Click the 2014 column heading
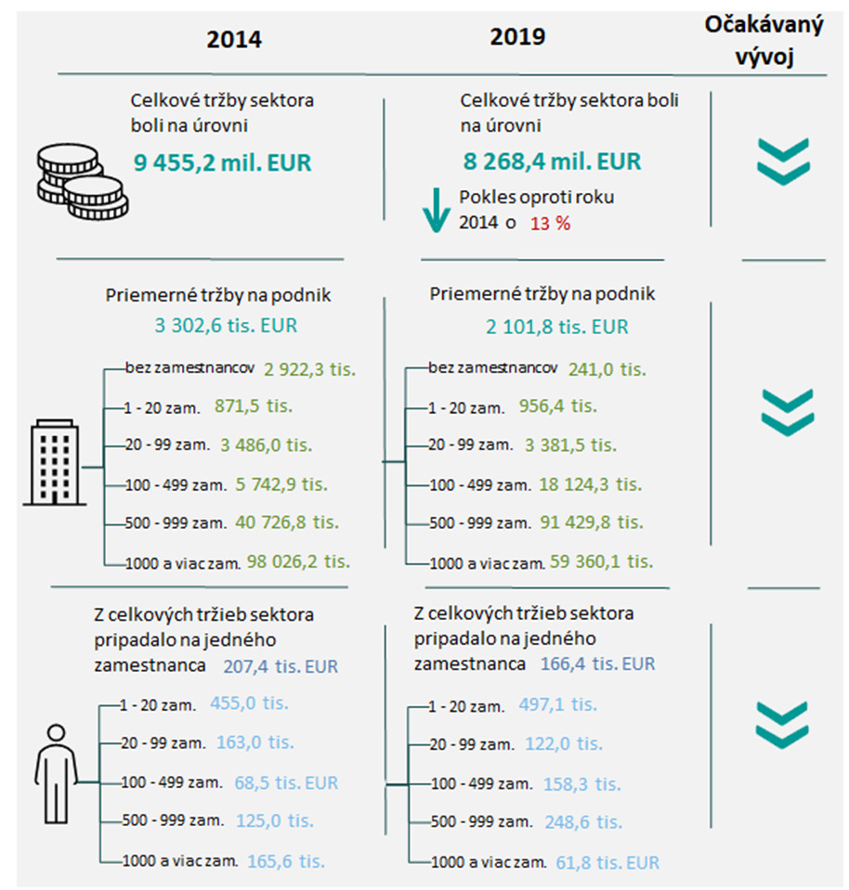234,40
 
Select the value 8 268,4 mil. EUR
552,161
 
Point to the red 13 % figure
550,224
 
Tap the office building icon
55,464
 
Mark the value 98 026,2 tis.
298,561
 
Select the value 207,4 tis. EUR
281,665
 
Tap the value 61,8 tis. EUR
608,862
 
